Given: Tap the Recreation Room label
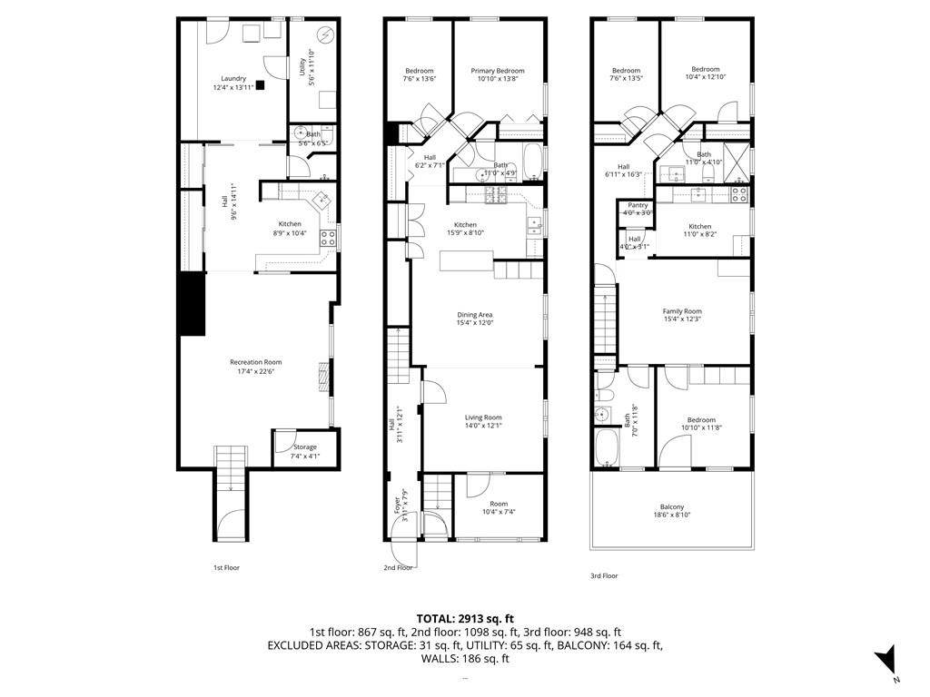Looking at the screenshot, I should [x=255, y=362].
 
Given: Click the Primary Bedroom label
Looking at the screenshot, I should [x=497, y=71].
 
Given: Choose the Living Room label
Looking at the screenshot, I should [x=483, y=417].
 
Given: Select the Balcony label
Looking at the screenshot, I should [x=672, y=507].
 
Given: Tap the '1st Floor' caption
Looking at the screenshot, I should [x=226, y=567].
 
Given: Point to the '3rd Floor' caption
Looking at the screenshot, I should [x=604, y=575].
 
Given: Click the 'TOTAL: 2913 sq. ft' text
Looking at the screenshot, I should [x=464, y=618].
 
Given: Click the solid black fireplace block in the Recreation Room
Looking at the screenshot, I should [x=191, y=304].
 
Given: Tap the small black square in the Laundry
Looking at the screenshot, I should [x=260, y=85].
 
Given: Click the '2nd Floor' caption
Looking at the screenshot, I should [x=398, y=567].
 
